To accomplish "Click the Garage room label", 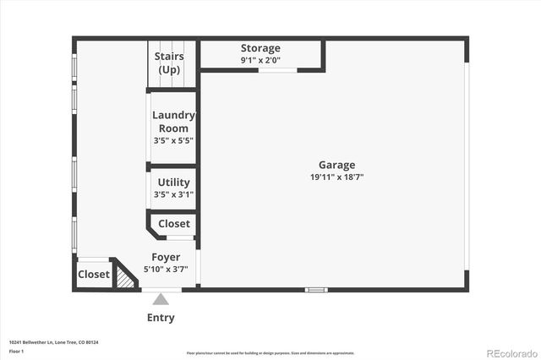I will [336, 165].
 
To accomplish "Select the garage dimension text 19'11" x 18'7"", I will [336, 177].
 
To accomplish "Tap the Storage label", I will [260, 48].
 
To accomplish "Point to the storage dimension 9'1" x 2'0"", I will [260, 60].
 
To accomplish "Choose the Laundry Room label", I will [173, 122].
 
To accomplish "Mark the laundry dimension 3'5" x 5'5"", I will [172, 140].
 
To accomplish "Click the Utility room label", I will [173, 183].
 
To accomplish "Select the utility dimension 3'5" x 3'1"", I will [172, 194].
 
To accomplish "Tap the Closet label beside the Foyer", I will [174, 224].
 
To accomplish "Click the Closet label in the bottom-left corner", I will [94, 275].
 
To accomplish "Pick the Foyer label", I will [166, 257].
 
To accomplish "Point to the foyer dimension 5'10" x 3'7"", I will [166, 269].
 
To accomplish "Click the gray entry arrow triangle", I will [161, 298].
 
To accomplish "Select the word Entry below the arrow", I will [161, 318].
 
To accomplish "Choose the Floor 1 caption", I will [16, 351].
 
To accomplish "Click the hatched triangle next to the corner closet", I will [125, 277].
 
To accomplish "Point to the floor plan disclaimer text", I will [270, 353].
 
